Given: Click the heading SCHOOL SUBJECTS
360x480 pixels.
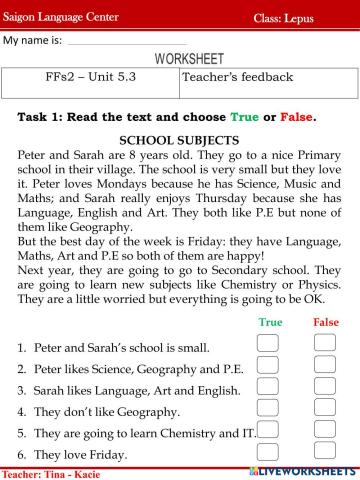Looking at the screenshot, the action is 178,139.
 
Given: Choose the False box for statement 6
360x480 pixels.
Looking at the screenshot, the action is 325,452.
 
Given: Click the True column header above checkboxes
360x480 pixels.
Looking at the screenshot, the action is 270,322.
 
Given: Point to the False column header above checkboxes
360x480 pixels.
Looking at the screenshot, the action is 326,322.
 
